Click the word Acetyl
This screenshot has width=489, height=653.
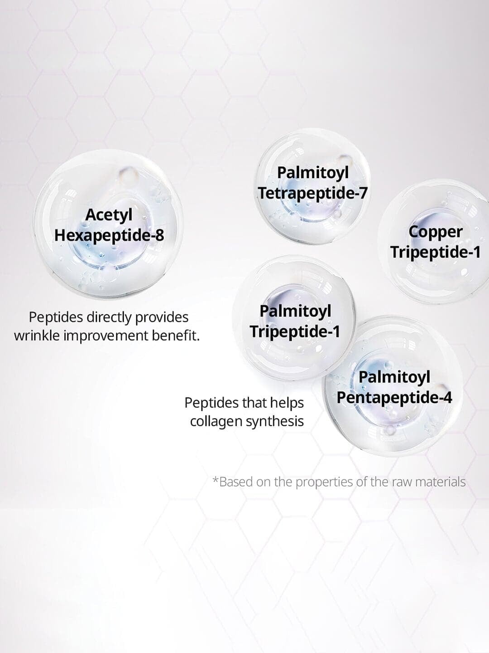point(109,215)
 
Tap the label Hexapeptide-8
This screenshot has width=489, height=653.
point(109,236)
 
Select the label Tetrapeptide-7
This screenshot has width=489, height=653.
point(312,194)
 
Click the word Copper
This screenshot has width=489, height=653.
point(435,233)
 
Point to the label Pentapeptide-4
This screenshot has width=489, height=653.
point(394,397)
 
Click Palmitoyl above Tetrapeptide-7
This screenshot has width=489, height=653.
point(313,173)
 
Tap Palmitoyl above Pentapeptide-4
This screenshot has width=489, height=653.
point(394,378)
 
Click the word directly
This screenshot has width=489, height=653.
point(109,318)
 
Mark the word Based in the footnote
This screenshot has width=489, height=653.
point(236,482)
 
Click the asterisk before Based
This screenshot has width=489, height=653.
point(216,479)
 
